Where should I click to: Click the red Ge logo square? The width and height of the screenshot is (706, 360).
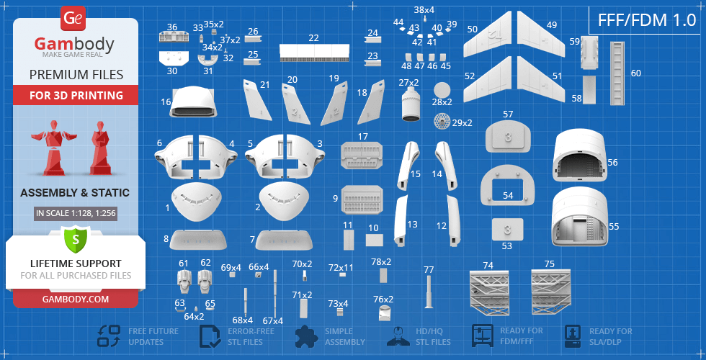click(72, 19)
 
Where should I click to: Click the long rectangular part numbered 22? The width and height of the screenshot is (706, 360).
click(314, 53)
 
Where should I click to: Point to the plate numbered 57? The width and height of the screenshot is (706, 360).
click(508, 138)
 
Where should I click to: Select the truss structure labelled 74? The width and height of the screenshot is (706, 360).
click(489, 292)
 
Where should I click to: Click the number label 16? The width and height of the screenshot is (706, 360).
click(166, 102)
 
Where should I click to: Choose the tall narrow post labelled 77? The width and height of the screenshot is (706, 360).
click(429, 292)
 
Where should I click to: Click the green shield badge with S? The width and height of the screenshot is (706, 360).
click(76, 240)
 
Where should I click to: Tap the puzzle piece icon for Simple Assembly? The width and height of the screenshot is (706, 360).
click(306, 336)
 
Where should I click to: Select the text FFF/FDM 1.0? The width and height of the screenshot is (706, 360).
click(647, 20)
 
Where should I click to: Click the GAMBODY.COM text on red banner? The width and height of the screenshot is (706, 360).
click(76, 299)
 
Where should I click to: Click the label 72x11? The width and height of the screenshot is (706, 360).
click(341, 268)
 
